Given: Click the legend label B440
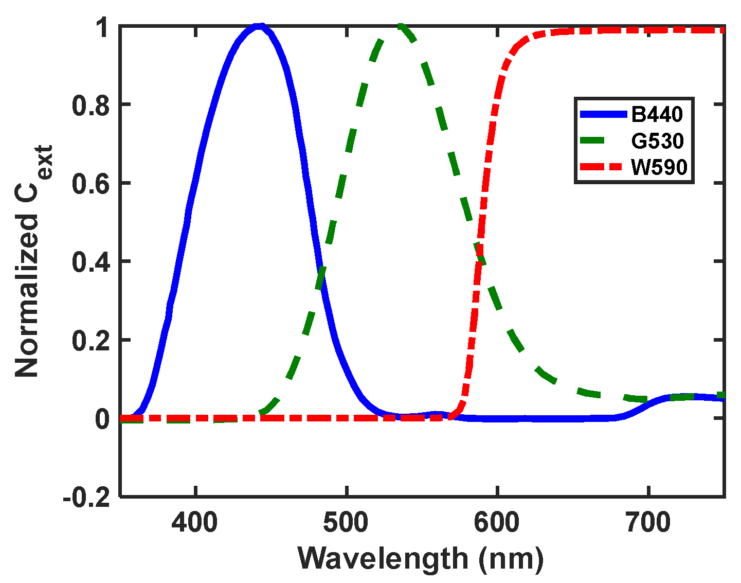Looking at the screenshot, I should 657,114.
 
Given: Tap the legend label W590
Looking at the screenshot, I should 659,167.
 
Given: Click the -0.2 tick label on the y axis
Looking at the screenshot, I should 86,498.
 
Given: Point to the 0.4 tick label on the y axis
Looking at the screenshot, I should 92,262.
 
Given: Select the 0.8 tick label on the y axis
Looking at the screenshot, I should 92,104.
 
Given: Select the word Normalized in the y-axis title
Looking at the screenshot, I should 27,296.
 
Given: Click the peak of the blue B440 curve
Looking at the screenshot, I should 260,27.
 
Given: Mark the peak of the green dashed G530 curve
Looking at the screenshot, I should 400,26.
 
